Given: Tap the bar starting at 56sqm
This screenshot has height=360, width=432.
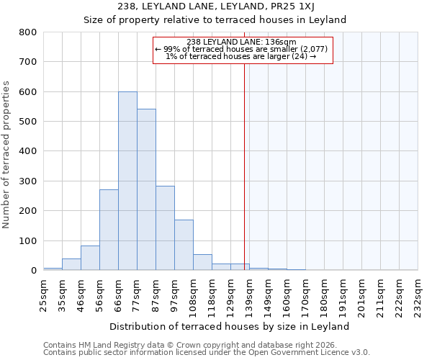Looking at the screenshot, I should coord(109,230).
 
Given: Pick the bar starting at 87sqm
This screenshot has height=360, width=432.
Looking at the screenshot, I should coord(165,238).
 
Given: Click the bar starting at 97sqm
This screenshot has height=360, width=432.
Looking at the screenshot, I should coord(184,245).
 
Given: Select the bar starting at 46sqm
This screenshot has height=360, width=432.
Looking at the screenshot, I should coord(90,258).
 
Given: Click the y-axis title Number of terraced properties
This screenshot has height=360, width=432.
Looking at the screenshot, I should coord(7,155).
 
